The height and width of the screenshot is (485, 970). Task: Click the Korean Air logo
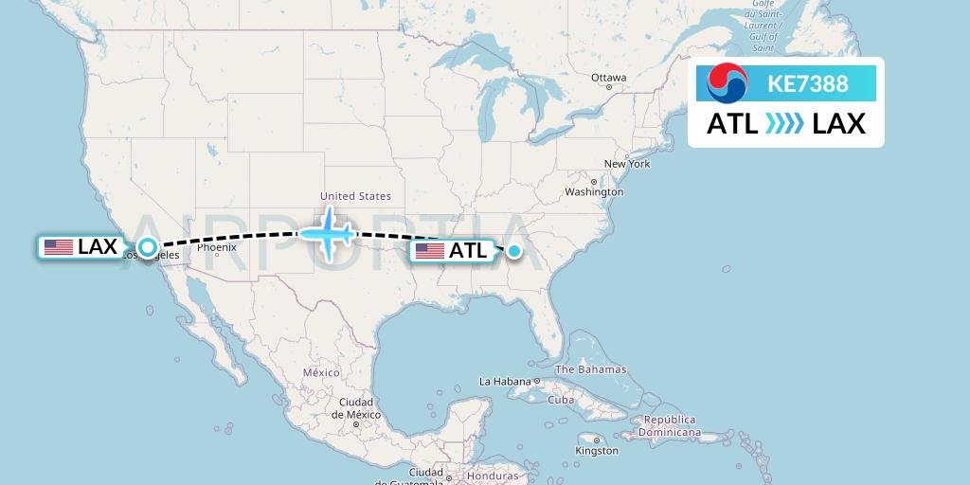click(727, 83)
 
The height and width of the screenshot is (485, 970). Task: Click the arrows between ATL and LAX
click(784, 124)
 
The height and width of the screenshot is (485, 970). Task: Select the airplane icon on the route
click(328, 232)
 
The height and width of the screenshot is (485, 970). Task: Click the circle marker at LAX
click(148, 248)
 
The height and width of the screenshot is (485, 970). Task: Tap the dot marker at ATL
click(513, 251)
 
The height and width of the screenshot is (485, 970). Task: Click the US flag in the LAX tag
click(59, 247)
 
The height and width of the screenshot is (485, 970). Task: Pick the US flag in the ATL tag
click(430, 251)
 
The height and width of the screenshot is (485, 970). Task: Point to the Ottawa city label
click(608, 78)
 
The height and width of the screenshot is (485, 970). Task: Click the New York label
click(627, 164)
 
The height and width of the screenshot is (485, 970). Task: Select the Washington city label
click(594, 191)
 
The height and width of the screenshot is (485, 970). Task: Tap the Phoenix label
click(217, 247)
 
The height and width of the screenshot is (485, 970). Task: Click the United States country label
click(355, 196)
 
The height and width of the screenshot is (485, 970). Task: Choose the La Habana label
click(505, 381)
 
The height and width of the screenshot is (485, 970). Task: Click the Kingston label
click(597, 450)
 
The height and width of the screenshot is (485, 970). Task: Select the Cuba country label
click(562, 399)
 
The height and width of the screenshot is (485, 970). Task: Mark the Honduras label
click(494, 476)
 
